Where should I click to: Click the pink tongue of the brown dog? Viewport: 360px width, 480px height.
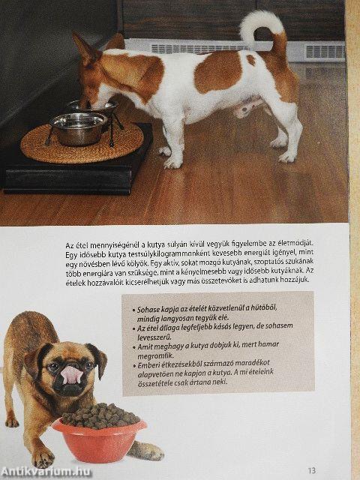[70, 373]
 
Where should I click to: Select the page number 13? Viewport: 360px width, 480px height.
[333, 471]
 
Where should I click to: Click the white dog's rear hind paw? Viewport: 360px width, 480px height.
[286, 157]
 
